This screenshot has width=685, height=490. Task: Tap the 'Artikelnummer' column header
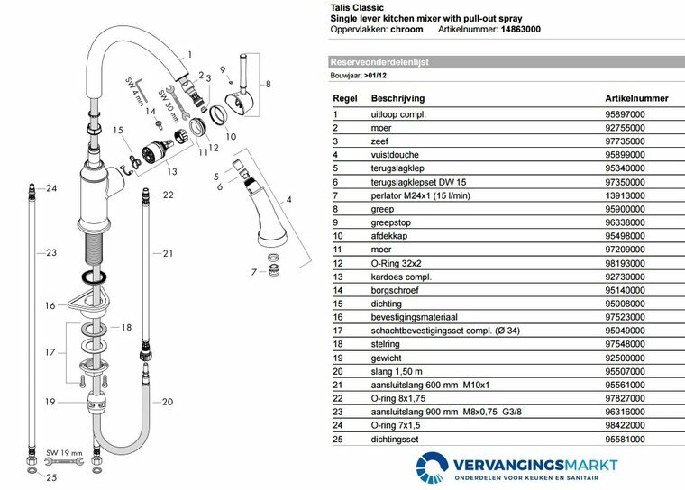636,97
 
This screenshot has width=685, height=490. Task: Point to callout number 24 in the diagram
51,188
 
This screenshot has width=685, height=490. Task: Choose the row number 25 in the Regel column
337,439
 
